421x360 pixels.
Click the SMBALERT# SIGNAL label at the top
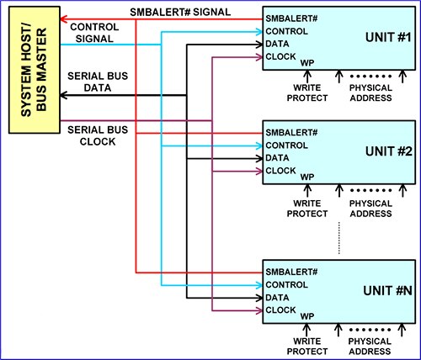(x=181, y=13)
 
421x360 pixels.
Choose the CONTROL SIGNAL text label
(x=93, y=33)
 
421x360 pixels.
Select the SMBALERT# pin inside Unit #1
(x=291, y=19)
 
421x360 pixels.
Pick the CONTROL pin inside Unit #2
(x=286, y=146)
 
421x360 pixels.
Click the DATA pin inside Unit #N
(x=278, y=298)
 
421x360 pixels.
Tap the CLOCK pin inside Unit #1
(x=281, y=56)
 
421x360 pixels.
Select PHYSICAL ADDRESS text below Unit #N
(x=370, y=346)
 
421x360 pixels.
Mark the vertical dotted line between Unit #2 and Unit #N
(x=338, y=241)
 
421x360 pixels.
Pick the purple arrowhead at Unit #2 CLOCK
(x=258, y=171)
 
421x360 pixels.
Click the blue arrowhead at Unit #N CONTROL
(x=258, y=285)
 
